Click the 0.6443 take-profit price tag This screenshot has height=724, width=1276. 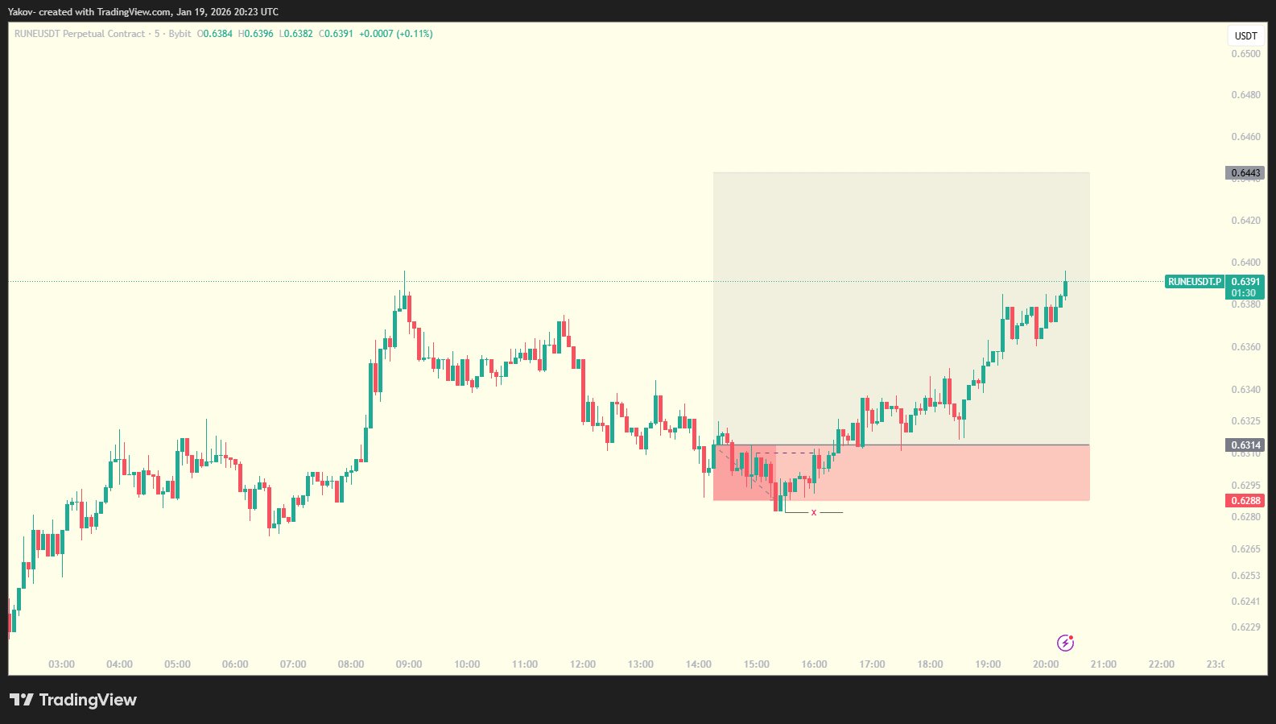tap(1245, 173)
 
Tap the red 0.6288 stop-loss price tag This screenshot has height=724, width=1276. tap(1245, 501)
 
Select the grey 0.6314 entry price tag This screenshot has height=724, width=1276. tap(1245, 445)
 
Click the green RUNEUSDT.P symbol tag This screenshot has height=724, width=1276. tap(1194, 282)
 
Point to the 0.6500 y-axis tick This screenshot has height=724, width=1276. tap(1245, 54)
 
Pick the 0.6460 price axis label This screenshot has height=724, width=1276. tap(1245, 137)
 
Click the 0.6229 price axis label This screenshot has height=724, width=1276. tap(1245, 627)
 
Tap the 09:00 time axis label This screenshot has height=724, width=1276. tap(409, 664)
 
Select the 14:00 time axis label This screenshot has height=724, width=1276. tap(698, 664)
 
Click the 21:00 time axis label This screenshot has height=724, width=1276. tap(1103, 664)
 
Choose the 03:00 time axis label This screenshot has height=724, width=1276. tap(61, 664)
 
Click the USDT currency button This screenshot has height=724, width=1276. tap(1245, 36)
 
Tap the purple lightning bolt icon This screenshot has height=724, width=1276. tap(1065, 643)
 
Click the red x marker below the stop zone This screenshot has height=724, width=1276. tap(814, 513)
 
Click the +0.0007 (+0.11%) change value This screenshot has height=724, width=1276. tap(395, 34)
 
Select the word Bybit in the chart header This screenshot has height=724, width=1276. tap(180, 34)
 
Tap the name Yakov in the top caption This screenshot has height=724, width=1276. tap(21, 12)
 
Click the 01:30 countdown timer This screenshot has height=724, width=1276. tap(1244, 293)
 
